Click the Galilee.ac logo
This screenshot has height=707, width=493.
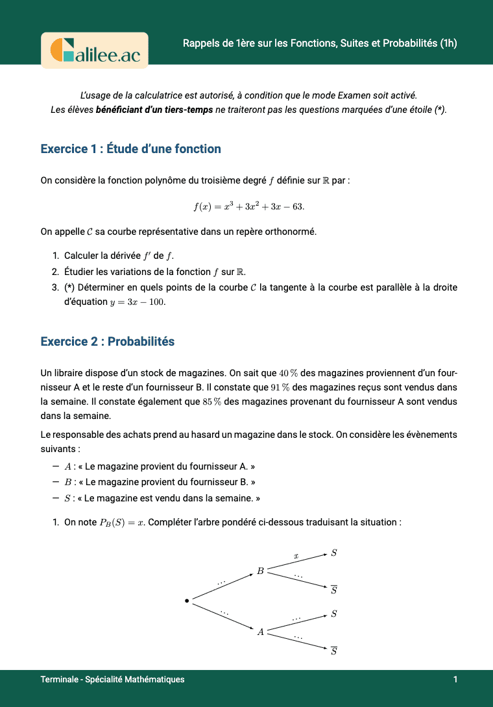(x=95, y=50)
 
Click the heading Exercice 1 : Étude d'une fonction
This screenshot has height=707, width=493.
(x=130, y=149)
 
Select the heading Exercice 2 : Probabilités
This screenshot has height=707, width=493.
(x=107, y=342)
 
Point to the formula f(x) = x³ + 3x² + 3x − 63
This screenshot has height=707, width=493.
(x=249, y=206)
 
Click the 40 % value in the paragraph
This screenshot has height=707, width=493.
(x=287, y=373)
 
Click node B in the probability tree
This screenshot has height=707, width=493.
(x=260, y=571)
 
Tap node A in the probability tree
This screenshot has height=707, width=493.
(x=260, y=632)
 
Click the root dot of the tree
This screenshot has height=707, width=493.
(x=187, y=601)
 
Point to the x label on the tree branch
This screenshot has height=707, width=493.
(x=296, y=556)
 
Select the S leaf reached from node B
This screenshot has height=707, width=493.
(x=333, y=553)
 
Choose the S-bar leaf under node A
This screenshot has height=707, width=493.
(x=333, y=651)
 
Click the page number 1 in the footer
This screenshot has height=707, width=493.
(x=455, y=680)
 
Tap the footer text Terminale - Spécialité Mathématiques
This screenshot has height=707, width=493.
(x=112, y=680)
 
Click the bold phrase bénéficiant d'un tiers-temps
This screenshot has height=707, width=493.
(x=154, y=110)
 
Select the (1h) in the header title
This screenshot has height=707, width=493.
(x=448, y=44)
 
